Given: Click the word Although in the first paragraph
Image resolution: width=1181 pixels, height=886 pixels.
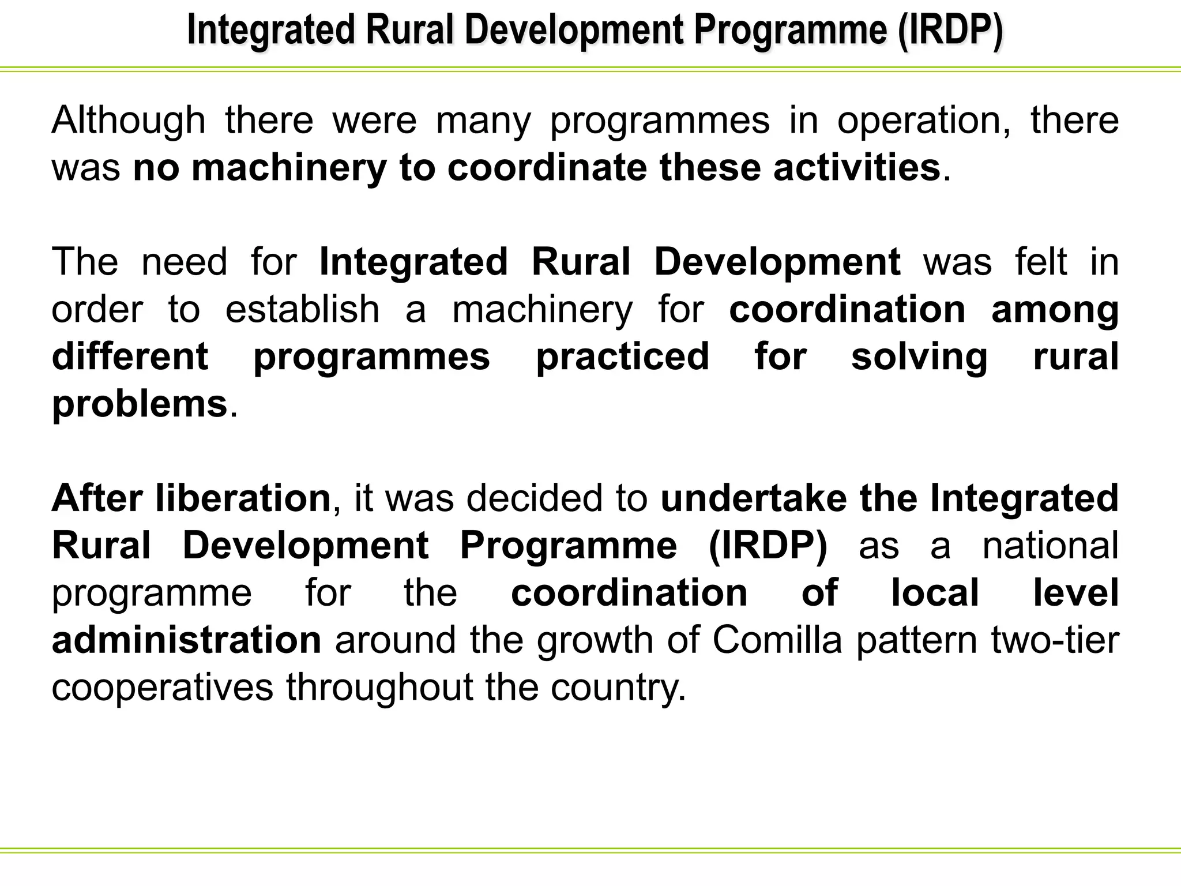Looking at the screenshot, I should click(x=129, y=121).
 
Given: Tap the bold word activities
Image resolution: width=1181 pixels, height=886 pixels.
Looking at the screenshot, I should click(x=857, y=168).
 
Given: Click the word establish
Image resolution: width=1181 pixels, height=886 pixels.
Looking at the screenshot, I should click(x=302, y=310).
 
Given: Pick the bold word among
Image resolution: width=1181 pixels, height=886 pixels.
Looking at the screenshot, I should click(x=1055, y=310).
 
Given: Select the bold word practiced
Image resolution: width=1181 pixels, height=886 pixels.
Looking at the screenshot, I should click(x=623, y=357).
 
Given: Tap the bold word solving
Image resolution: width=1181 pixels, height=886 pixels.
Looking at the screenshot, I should click(x=919, y=357).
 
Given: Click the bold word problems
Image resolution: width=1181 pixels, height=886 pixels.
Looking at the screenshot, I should click(x=140, y=404).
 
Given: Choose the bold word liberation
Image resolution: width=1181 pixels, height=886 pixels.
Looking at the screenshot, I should click(x=243, y=499).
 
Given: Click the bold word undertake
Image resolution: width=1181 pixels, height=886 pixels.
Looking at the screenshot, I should click(x=753, y=499).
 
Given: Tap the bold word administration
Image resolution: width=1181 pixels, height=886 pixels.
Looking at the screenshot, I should click(x=186, y=641).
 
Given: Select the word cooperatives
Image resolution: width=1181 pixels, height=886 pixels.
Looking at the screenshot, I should click(x=162, y=688).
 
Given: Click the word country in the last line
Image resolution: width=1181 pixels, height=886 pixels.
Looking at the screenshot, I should click(x=617, y=688).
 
